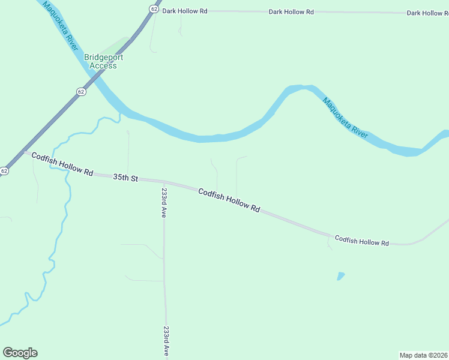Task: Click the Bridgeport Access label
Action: point(100,61)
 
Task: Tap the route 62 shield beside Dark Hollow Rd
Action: point(154,9)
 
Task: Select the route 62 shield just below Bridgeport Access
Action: point(81,91)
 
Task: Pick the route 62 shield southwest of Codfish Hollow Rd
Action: point(4,171)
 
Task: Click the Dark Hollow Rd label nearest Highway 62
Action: point(185,11)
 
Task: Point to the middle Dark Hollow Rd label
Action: point(291,11)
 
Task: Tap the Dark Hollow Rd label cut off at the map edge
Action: point(427,13)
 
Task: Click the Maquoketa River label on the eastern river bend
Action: point(345,118)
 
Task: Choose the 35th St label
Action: point(126,178)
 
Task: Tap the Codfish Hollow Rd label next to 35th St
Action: point(62,164)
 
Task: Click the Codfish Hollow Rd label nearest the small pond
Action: point(362,241)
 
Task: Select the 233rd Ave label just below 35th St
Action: point(163,203)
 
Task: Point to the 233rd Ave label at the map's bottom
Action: point(166,342)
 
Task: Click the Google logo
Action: point(20,353)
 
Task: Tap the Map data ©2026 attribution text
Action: point(423,355)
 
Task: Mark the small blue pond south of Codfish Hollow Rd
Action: point(341,276)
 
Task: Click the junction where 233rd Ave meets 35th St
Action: point(163,182)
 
